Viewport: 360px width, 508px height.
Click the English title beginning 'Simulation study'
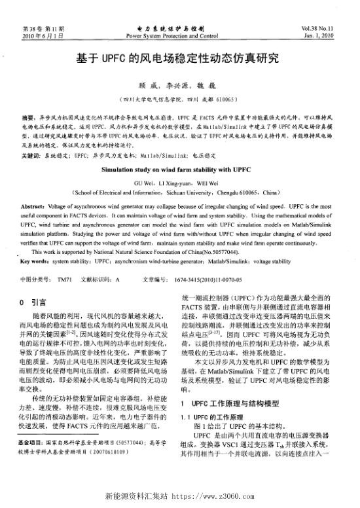179,169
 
